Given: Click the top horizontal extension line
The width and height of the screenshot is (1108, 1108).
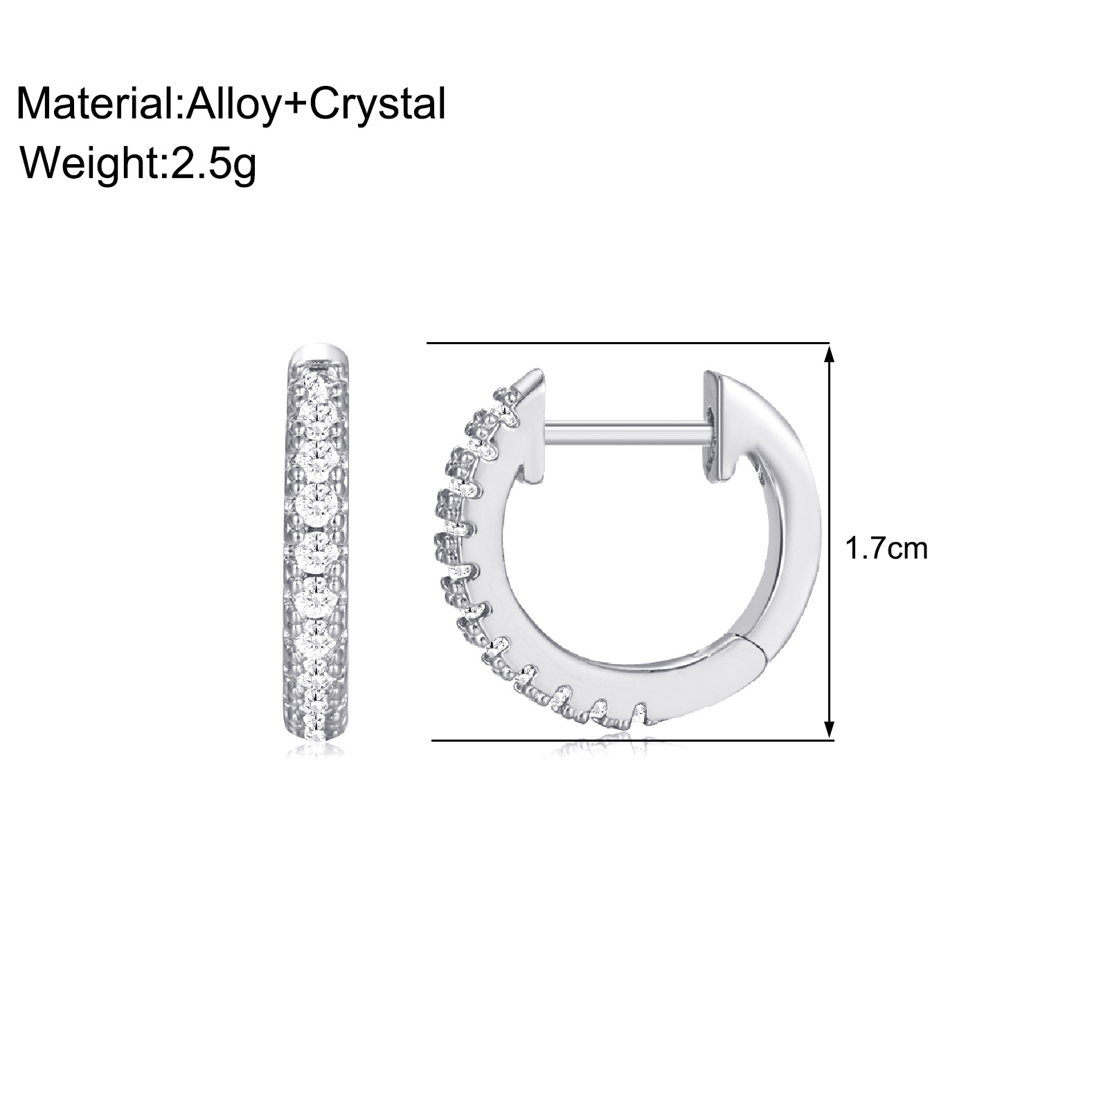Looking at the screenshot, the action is point(628,343).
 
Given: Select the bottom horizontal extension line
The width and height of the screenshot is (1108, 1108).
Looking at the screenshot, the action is point(632,740).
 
